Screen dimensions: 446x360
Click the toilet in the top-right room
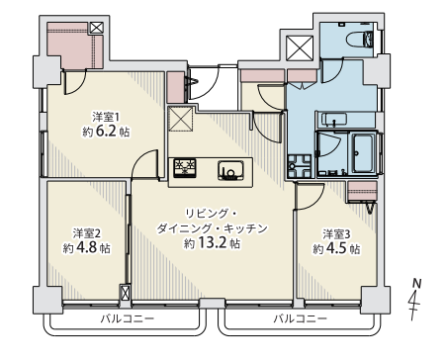(360, 39)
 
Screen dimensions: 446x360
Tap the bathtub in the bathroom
(363, 154)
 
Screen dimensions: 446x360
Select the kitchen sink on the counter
(230, 170)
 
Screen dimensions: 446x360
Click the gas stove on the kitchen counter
(185, 168)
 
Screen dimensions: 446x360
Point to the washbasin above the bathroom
(334, 120)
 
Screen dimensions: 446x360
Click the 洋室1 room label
(106, 117)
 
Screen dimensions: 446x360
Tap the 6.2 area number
(106, 132)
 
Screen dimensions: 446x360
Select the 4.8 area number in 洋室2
(87, 247)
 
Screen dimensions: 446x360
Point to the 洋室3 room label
(336, 234)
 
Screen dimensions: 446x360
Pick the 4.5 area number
(337, 248)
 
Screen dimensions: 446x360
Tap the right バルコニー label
(301, 318)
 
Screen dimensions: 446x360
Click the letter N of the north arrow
(417, 284)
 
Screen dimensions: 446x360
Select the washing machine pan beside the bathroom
(299, 166)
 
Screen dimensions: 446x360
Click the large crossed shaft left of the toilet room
(300, 48)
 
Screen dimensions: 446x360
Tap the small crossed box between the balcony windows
(126, 293)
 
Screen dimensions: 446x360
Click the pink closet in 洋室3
(362, 191)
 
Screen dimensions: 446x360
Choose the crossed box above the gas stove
(180, 119)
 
